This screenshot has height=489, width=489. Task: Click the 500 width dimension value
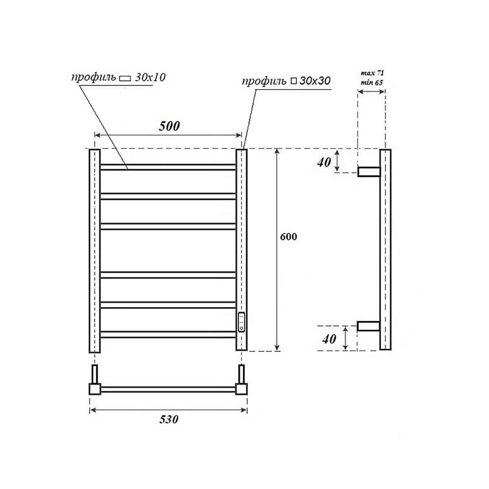click(x=169, y=126)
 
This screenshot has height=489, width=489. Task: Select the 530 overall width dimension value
click(x=169, y=419)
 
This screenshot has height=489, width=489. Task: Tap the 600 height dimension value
click(x=288, y=237)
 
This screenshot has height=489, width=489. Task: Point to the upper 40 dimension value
click(x=324, y=163)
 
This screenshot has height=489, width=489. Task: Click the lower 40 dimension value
click(x=329, y=339)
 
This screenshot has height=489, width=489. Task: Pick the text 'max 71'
click(x=372, y=73)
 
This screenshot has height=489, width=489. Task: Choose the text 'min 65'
click(x=372, y=82)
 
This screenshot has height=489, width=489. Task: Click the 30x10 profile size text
click(x=150, y=77)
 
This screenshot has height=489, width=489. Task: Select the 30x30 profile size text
click(x=315, y=81)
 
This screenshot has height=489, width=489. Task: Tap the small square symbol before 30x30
click(x=294, y=81)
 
